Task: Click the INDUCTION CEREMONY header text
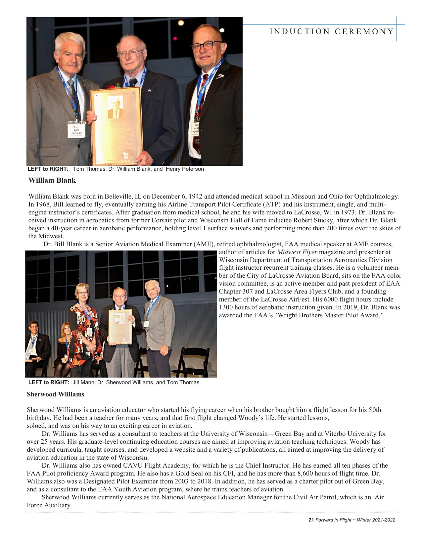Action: pos(332,31)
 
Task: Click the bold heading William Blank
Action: pos(52,180)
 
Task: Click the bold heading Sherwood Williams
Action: pos(55,394)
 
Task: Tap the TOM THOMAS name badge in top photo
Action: pos(76,130)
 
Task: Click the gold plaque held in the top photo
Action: pos(117,126)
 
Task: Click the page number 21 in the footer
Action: pos(311,520)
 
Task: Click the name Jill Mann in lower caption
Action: pos(83,383)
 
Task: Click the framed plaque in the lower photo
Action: pos(120,327)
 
